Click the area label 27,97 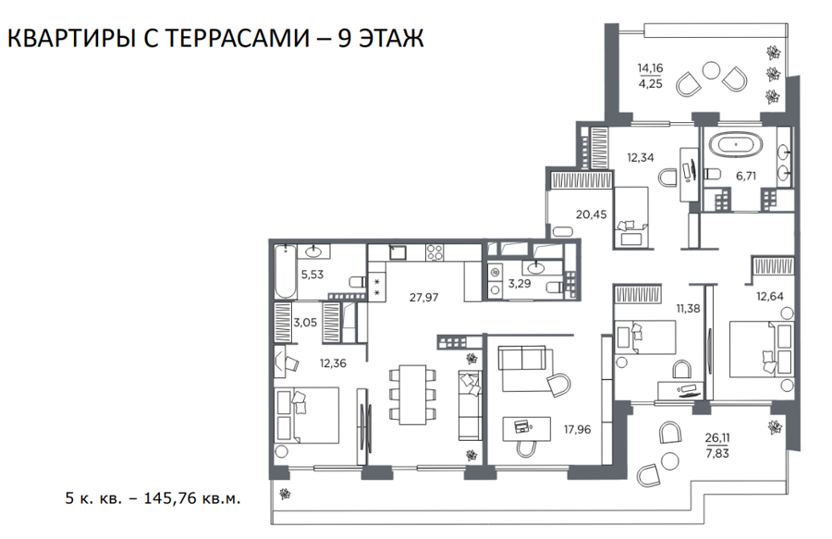click(424, 297)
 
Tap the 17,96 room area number click(577, 429)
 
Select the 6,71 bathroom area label click(746, 176)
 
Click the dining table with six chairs click(413, 394)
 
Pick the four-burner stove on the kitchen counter click(434, 252)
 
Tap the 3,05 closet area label click(305, 322)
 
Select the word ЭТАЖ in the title click(392, 38)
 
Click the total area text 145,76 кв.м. click(192, 498)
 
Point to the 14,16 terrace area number click(651, 67)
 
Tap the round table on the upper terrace click(711, 70)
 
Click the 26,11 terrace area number click(717, 437)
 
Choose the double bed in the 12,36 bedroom click(307, 415)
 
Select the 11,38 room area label click(688, 308)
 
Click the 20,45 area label click(591, 214)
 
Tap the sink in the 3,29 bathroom click(537, 267)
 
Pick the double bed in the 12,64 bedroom click(762, 349)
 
